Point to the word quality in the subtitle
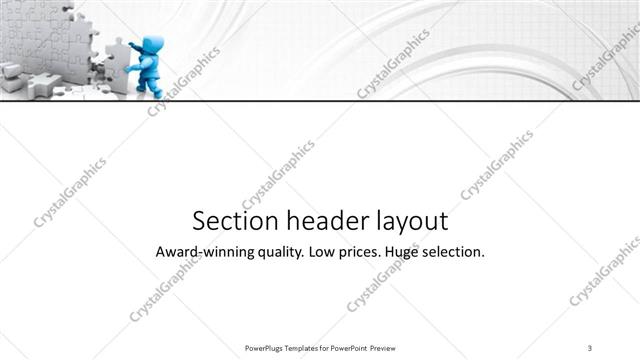pos(279,253)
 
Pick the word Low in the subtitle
pos(325,252)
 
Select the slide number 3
pos(590,347)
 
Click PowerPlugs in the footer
pos(265,347)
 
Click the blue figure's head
pos(152,46)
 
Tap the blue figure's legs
pos(151,81)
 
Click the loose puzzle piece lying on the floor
pos(40,85)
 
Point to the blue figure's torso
pos(148,64)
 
